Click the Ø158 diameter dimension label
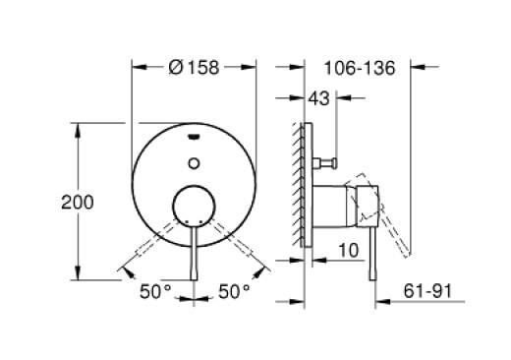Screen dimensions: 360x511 [192, 68]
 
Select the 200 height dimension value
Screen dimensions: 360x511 [78, 203]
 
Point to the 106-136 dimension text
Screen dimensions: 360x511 [358, 68]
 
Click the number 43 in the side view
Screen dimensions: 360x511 [318, 99]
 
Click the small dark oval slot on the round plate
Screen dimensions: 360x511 [193, 137]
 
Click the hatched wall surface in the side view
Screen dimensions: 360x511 [296, 187]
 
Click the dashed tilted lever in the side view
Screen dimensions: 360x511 [393, 226]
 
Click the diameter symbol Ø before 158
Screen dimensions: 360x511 [174, 68]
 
